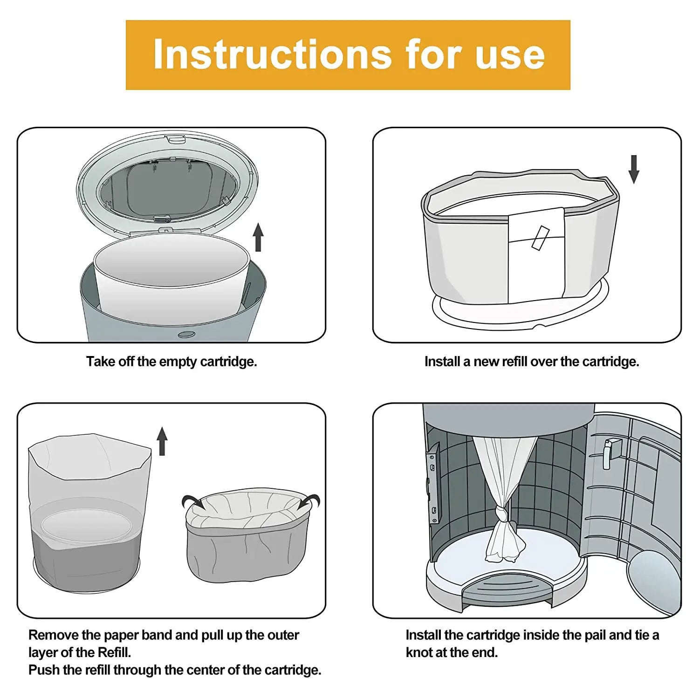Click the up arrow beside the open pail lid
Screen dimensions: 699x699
[x=258, y=237]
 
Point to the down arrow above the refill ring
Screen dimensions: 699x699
[x=634, y=169]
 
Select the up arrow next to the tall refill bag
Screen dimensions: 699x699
[x=162, y=441]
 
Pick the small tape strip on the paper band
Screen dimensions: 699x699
[x=541, y=238]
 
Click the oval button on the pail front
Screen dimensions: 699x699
[x=186, y=335]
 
